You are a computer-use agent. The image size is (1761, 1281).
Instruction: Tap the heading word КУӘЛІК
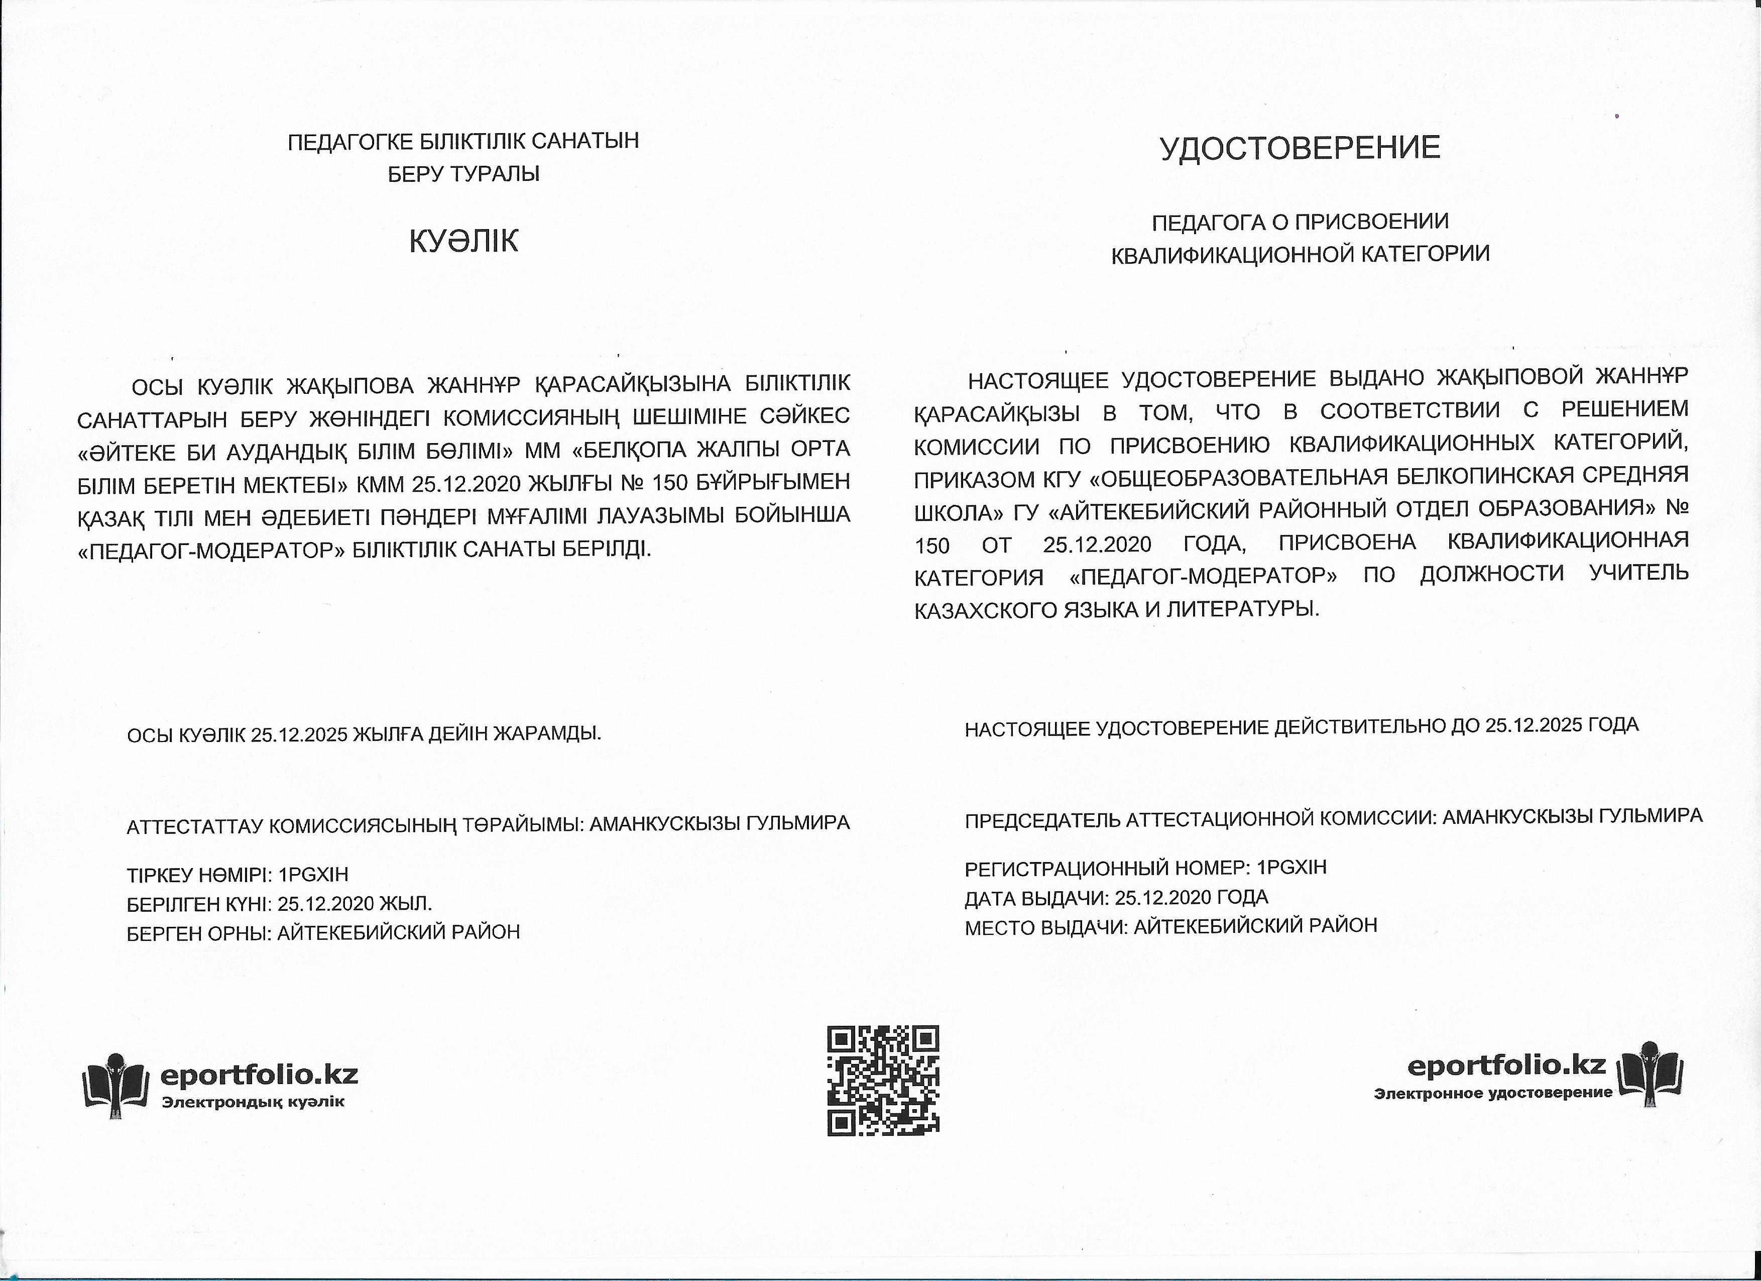pyautogui.click(x=463, y=242)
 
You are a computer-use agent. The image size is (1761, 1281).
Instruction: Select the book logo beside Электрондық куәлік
pyautogui.click(x=115, y=1085)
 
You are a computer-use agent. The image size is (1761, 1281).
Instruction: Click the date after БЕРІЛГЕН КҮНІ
pyautogui.click(x=326, y=903)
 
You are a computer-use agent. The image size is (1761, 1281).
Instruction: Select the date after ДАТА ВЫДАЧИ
pyautogui.click(x=1163, y=897)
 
